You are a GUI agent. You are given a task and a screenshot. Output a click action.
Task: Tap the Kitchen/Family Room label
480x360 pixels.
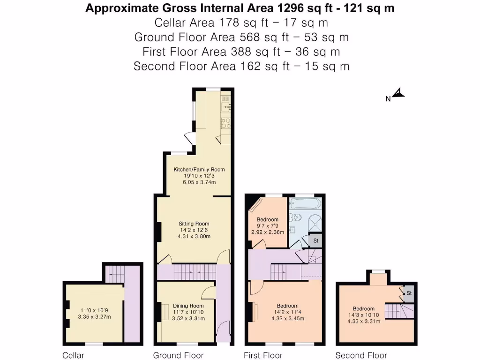click(x=199, y=170)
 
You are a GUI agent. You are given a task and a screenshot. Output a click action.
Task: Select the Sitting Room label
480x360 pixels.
click(x=194, y=224)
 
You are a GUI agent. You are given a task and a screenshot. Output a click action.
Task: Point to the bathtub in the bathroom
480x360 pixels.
click(x=305, y=204)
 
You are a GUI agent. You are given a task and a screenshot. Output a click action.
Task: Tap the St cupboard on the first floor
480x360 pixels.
click(x=316, y=241)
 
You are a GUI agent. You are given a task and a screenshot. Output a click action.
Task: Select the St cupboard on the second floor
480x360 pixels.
click(x=409, y=293)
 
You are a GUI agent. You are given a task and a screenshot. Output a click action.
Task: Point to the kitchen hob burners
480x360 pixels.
click(x=225, y=122)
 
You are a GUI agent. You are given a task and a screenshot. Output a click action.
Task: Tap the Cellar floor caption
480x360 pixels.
click(x=74, y=355)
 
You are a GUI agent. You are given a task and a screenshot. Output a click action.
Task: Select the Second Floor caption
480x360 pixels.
click(x=361, y=355)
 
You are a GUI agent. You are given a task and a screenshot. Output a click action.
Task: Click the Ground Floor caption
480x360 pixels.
click(x=178, y=355)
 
